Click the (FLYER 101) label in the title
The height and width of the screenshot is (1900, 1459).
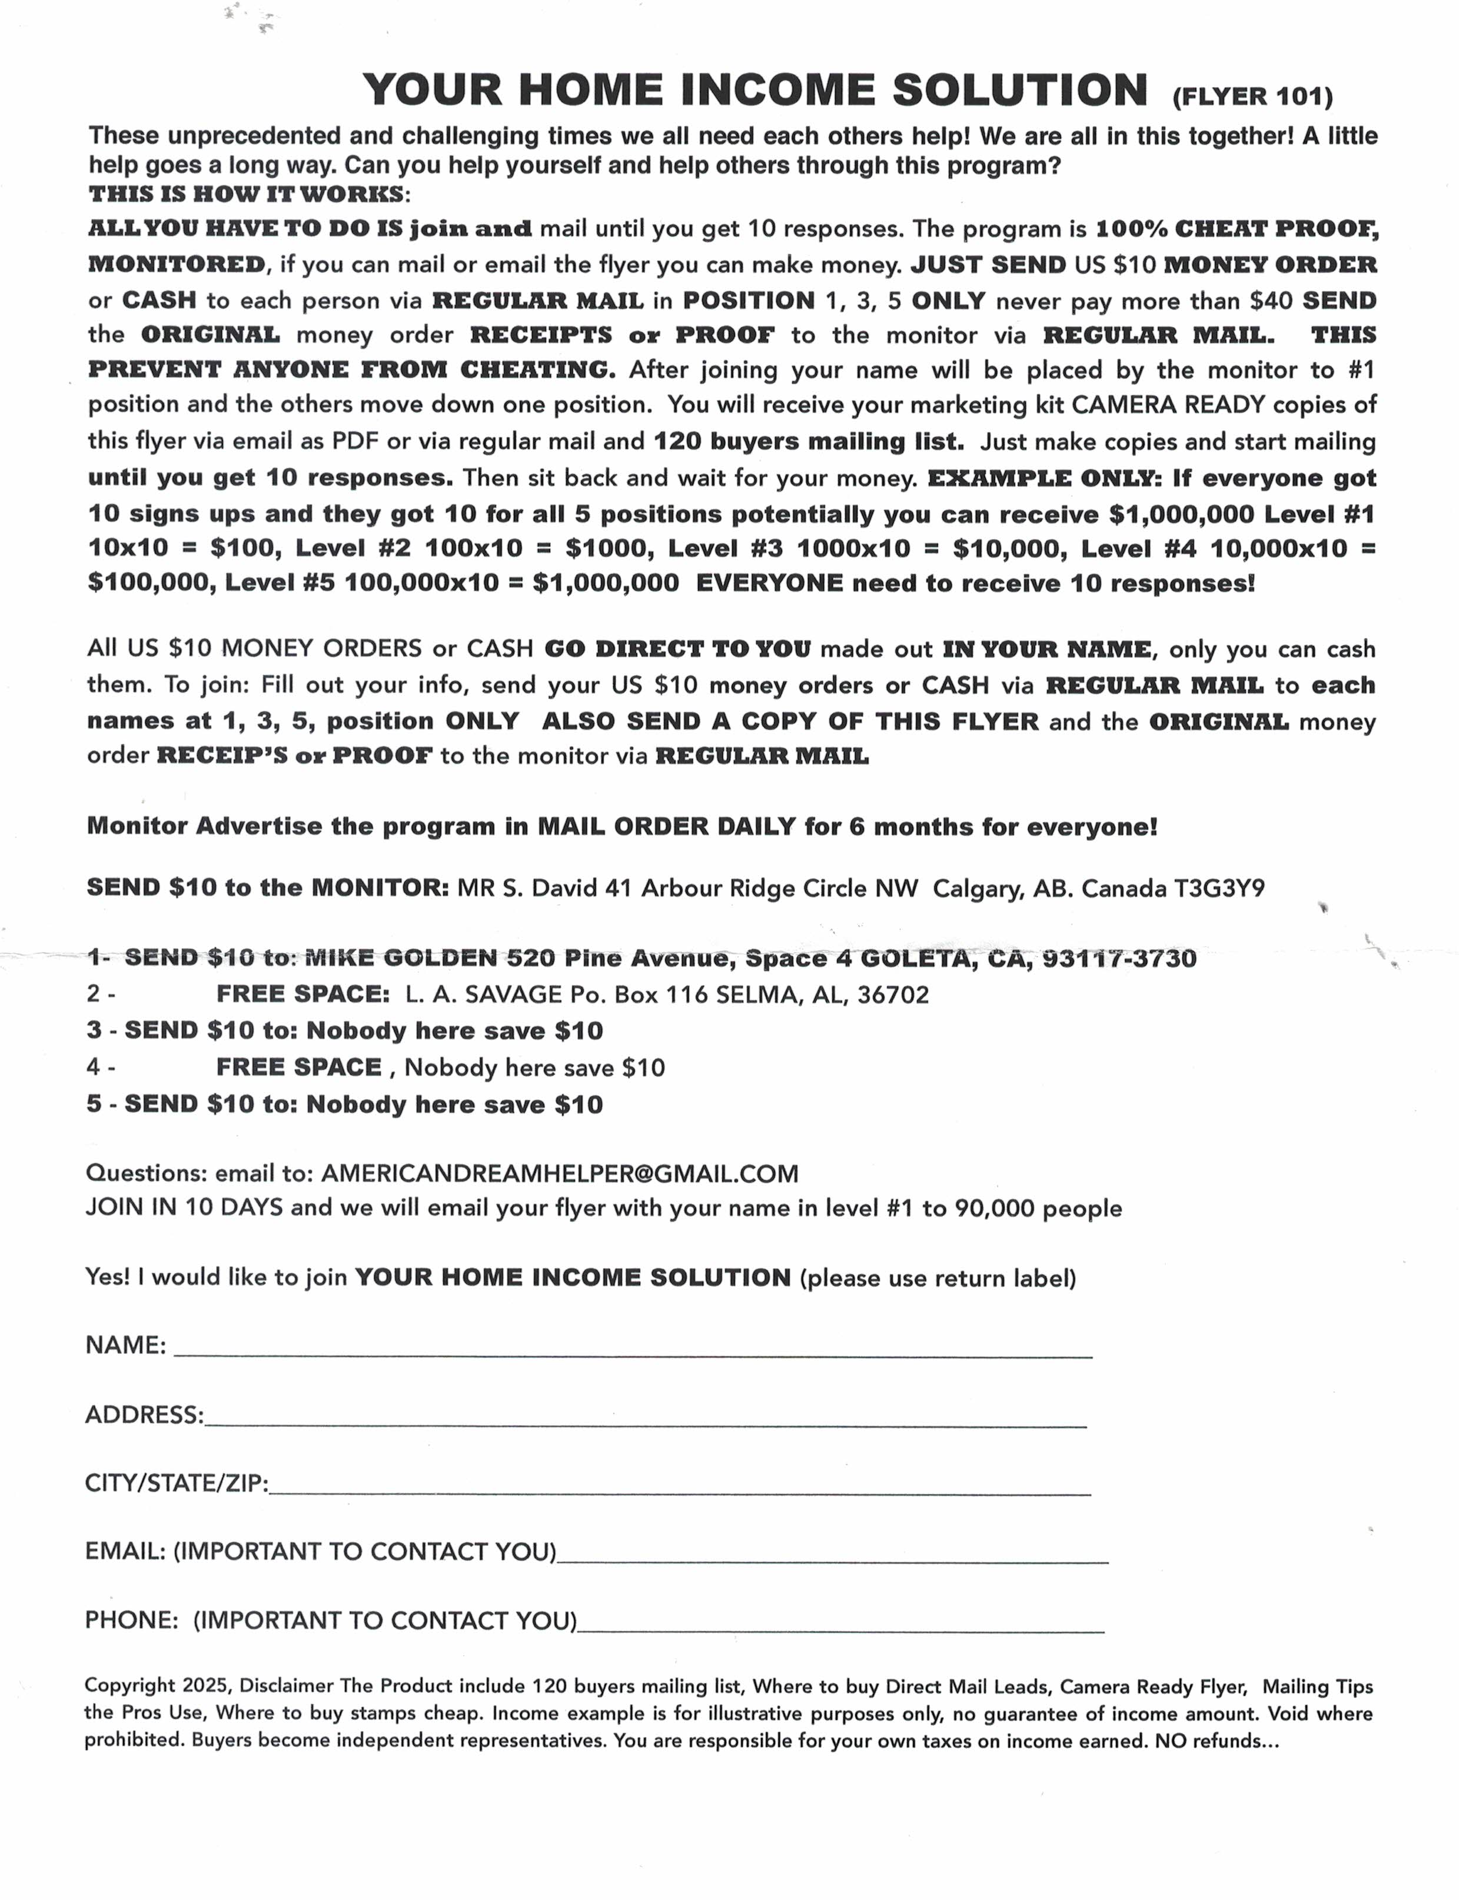(x=1252, y=95)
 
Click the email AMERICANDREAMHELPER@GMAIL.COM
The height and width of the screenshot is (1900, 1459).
(x=559, y=1173)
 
